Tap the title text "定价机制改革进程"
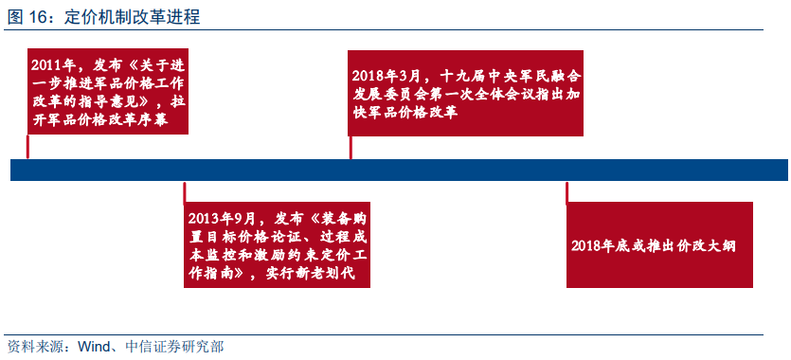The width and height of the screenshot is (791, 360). coord(133,17)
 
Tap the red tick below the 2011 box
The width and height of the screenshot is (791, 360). coord(27,146)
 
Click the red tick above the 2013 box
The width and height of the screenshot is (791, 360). coord(185,192)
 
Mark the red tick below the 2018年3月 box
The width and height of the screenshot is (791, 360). coord(351,147)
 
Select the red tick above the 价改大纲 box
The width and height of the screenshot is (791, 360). coord(567,192)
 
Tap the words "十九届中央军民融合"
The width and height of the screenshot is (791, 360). coord(511,76)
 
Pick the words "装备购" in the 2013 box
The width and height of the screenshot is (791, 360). coord(343,219)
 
